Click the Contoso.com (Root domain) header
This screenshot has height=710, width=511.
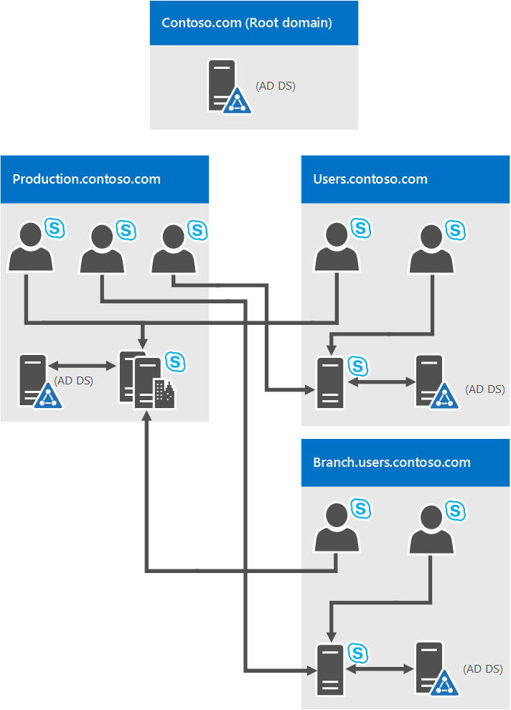click(247, 23)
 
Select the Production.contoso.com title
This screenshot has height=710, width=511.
click(86, 179)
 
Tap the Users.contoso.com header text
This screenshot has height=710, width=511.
click(370, 179)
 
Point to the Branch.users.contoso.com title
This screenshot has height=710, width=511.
click(392, 462)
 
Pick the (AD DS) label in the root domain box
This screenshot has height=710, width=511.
click(276, 86)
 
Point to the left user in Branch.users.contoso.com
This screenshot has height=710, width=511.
click(336, 527)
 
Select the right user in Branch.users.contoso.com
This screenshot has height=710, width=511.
click(431, 529)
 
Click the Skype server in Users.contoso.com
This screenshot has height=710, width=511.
click(331, 382)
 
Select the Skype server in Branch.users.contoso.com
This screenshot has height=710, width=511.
click(331, 669)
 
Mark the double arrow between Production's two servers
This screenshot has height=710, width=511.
click(83, 366)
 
